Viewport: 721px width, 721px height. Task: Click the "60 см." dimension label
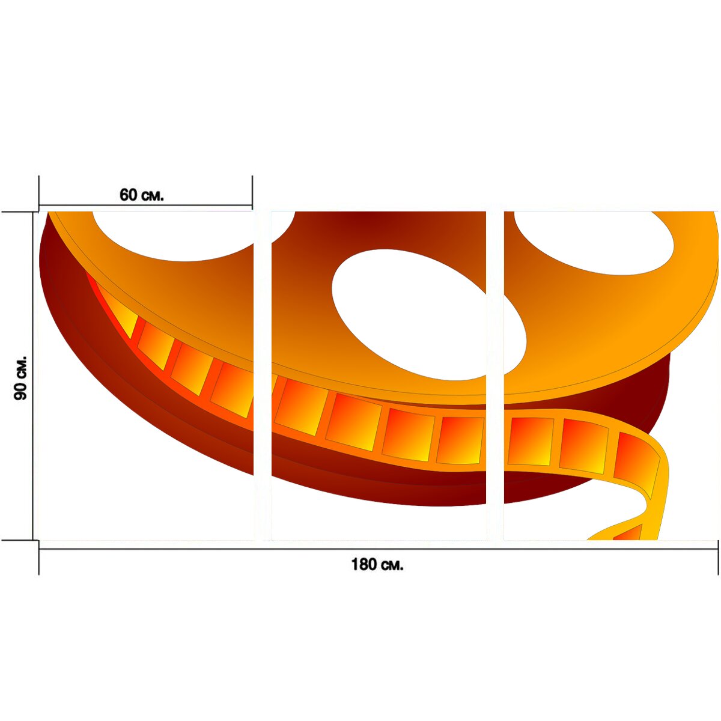point(141,195)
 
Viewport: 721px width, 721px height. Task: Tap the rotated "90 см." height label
point(20,378)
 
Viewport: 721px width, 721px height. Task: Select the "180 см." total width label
point(377,565)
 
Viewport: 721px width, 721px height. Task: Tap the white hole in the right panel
point(595,243)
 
